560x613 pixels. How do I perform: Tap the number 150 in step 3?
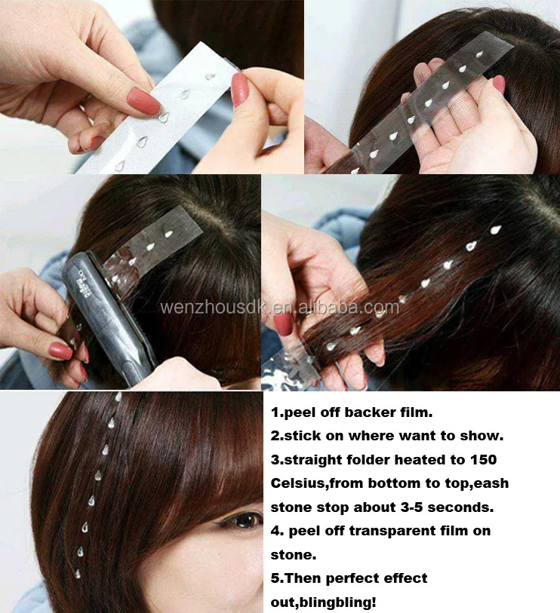(482, 459)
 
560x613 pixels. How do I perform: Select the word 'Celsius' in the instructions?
(300, 483)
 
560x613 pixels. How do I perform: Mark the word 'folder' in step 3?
(373, 459)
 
